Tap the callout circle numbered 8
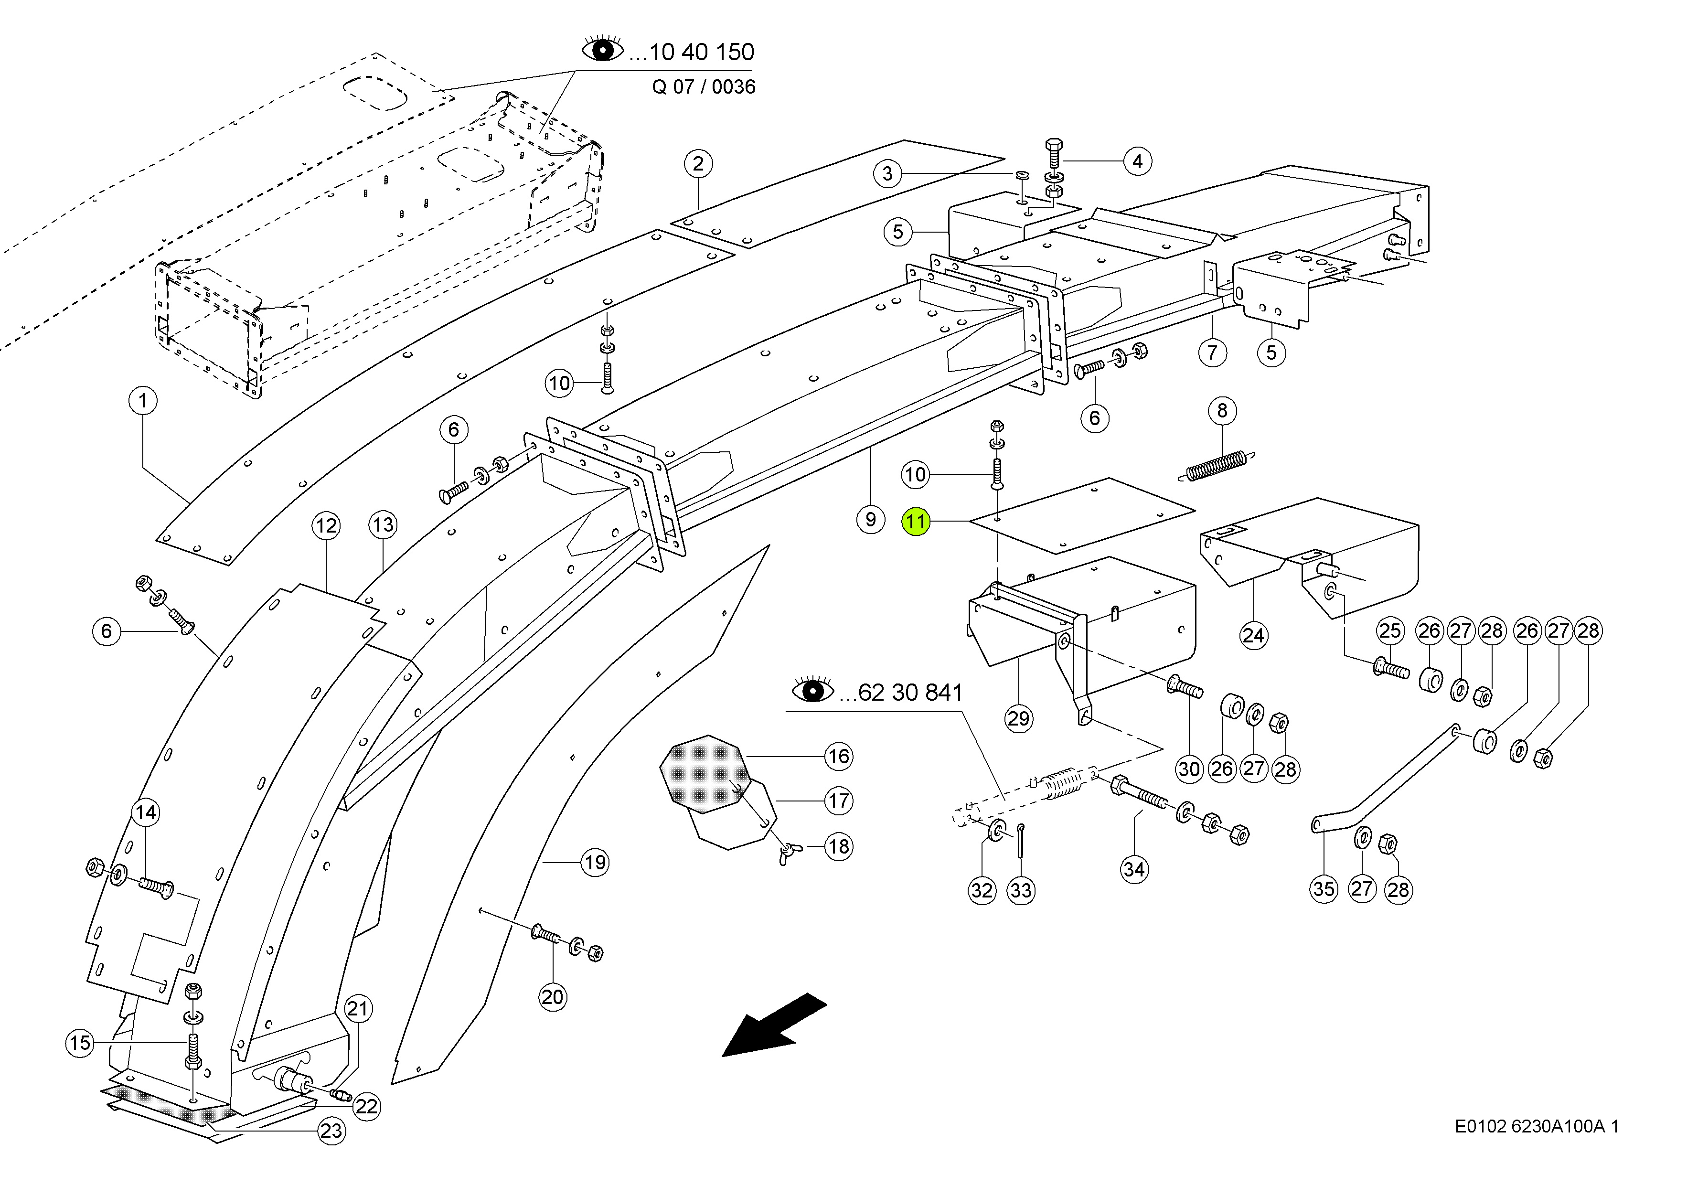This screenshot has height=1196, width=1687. pos(1222,410)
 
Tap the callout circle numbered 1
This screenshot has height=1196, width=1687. pos(143,401)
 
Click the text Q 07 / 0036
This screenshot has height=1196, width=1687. pos(703,87)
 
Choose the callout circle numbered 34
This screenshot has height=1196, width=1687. pos(1134,869)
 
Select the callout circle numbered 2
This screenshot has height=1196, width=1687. pos(698,163)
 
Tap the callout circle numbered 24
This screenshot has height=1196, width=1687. pos(1253,635)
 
